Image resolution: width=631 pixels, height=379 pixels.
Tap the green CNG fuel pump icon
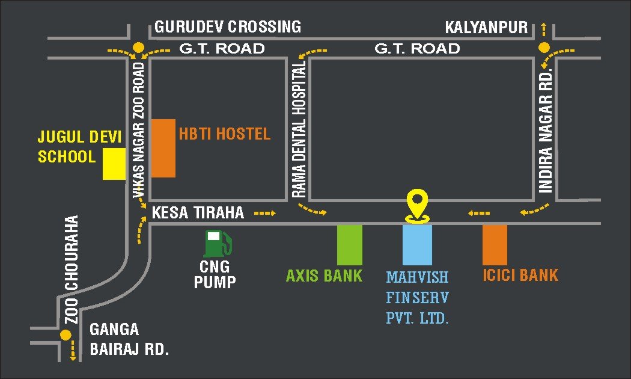pos(216,243)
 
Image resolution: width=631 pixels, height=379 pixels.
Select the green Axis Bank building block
pos(349,245)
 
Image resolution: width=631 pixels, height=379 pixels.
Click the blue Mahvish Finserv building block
pos(417,245)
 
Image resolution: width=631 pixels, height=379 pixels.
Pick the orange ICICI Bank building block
pos(495,245)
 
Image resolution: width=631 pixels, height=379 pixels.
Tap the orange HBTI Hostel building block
pos(163,148)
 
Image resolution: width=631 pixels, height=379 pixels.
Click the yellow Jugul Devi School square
pos(114,164)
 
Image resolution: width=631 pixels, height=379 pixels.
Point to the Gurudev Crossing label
pos(228,27)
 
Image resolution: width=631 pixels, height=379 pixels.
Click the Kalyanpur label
pos(486,28)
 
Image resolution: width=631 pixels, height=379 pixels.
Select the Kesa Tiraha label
pos(198,212)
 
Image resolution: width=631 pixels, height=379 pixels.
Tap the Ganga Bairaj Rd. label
pos(129,340)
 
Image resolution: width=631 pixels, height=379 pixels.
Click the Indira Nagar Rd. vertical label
pos(546,131)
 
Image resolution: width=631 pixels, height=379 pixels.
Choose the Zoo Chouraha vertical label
pos(72,270)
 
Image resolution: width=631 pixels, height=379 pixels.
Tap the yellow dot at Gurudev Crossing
pos(139,47)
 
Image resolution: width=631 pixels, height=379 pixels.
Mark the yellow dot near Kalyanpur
pos(544,48)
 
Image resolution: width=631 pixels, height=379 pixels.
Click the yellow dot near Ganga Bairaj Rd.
pos(65,336)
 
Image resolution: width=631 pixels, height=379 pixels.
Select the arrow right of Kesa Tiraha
pos(264,213)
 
